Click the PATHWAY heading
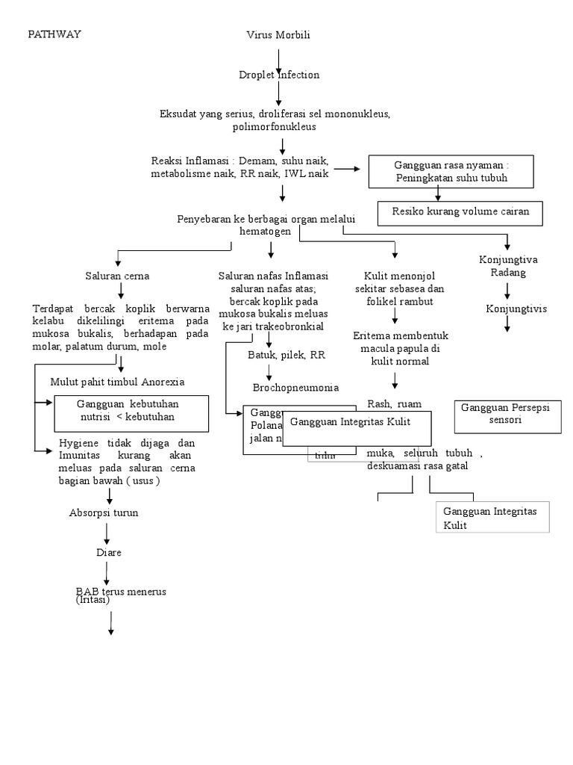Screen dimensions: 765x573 point(54,34)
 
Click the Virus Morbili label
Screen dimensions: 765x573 point(278,35)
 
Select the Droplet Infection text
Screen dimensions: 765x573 point(278,75)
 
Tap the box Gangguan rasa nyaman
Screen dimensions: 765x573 point(451,172)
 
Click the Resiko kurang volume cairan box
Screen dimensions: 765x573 point(460,212)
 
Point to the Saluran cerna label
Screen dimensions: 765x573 point(117,276)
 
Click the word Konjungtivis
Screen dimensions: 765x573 point(511,308)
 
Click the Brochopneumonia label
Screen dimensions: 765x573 point(295,388)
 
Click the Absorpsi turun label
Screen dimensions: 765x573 point(104,513)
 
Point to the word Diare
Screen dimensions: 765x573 point(108,553)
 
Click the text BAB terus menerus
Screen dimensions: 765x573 point(121,592)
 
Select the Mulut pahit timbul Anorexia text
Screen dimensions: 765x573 point(117,382)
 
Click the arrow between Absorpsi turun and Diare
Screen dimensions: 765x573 point(108,533)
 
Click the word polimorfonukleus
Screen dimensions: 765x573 point(275,127)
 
